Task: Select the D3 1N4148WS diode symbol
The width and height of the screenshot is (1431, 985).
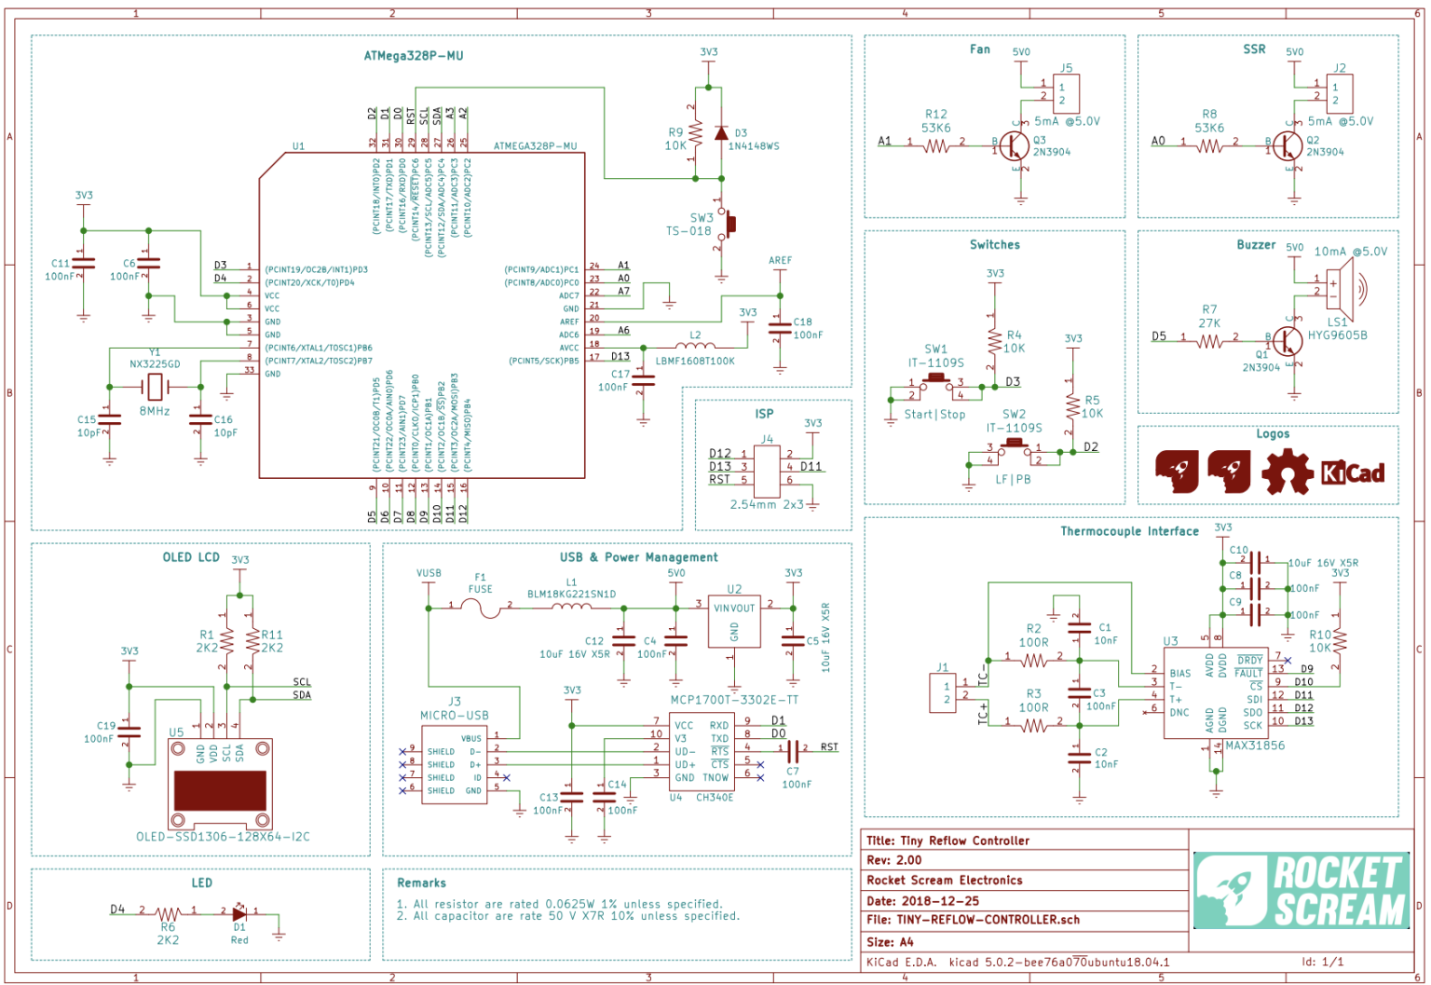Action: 720,133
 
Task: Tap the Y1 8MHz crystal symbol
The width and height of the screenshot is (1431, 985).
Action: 155,387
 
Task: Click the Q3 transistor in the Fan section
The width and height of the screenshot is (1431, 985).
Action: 1015,145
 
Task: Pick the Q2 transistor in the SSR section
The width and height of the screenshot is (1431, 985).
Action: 1288,145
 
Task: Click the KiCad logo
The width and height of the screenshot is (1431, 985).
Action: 1353,473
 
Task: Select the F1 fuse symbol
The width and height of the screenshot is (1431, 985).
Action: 480,608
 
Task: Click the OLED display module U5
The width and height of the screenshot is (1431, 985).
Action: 221,785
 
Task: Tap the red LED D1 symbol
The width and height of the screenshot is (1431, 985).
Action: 239,913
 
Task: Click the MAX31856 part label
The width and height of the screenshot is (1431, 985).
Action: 1255,746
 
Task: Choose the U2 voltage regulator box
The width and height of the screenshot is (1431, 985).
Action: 734,621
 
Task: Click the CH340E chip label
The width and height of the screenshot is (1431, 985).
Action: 714,798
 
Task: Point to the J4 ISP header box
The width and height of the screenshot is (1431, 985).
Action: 767,472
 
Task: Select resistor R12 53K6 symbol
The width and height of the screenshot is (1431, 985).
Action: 936,145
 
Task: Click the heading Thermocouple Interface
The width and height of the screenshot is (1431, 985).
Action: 1129,531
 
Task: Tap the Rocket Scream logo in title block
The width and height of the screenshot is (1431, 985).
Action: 1302,890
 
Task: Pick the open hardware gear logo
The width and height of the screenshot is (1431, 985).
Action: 1288,472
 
